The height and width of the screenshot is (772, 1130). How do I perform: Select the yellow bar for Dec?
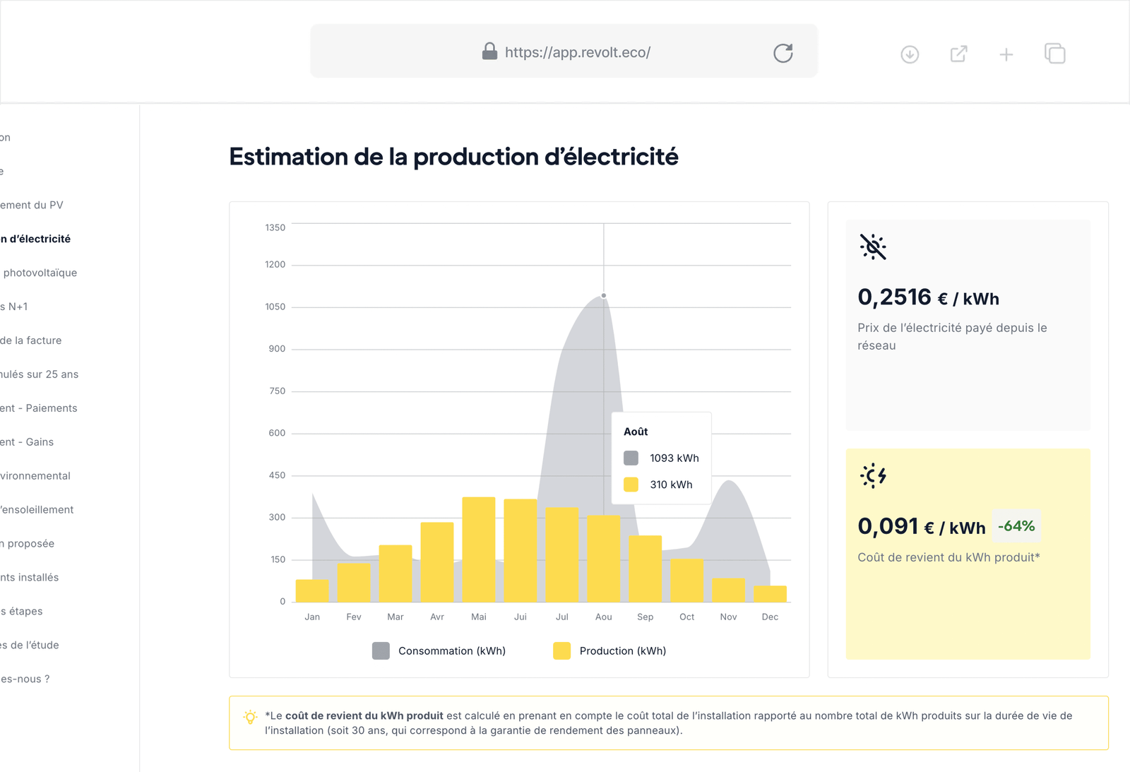[770, 594]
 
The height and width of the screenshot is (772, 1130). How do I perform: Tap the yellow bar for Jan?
[312, 590]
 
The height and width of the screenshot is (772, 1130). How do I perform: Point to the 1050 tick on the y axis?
[275, 307]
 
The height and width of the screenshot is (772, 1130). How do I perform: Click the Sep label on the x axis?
[645, 617]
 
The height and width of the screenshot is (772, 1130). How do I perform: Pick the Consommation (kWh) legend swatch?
[381, 651]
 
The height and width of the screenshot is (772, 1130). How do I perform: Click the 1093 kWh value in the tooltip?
[674, 458]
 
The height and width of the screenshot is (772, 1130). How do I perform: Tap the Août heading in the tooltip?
[636, 432]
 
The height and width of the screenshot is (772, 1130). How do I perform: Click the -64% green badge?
[1016, 525]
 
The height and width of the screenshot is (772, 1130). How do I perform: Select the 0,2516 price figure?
[894, 297]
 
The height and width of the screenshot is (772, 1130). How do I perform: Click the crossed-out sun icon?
[873, 247]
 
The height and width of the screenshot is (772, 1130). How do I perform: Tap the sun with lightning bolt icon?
[873, 475]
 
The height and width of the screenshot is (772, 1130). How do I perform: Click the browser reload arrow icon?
[783, 53]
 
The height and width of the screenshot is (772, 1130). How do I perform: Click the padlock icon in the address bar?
[489, 51]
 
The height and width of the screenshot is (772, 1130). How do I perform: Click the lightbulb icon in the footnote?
[250, 717]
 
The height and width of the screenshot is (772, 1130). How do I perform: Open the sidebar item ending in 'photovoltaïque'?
[40, 273]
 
